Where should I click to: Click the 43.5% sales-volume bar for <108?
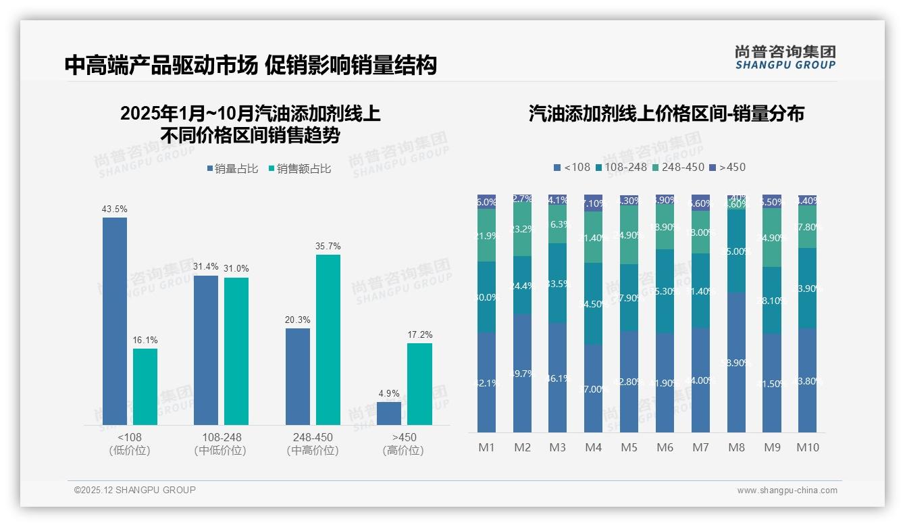click(115, 321)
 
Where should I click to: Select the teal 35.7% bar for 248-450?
click(328, 339)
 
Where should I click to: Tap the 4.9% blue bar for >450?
click(389, 413)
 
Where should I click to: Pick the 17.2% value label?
click(421, 335)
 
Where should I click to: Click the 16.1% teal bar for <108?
click(145, 386)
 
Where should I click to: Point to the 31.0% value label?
click(236, 269)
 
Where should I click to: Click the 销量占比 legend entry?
click(232, 169)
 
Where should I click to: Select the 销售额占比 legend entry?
click(299, 169)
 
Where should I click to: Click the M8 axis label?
click(736, 447)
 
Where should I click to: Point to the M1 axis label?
click(487, 447)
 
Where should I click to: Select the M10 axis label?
click(808, 447)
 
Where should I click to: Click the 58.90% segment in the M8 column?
click(736, 362)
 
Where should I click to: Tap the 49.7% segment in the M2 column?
click(522, 373)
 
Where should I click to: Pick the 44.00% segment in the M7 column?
click(700, 380)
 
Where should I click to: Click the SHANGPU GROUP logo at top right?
click(785, 57)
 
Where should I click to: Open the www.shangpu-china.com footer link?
click(787, 491)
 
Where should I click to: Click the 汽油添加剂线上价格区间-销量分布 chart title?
click(666, 114)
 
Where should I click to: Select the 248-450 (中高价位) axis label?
click(313, 444)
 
